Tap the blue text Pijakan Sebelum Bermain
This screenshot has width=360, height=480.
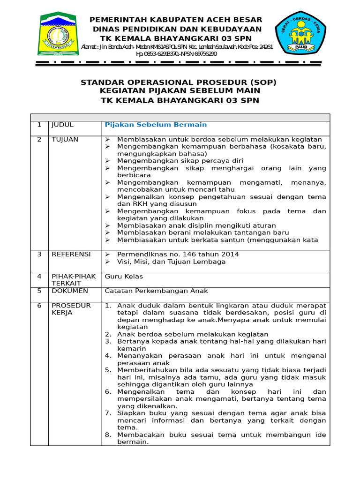point(156,125)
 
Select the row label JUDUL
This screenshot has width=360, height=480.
point(62,125)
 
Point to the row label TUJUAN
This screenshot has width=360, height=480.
point(65,140)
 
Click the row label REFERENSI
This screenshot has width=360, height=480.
point(71,254)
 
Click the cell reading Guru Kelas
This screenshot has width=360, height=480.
point(124,277)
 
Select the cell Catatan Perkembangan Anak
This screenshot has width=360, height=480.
point(156,291)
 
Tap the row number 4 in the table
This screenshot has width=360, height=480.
point(39,277)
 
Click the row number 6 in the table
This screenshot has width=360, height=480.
point(39,306)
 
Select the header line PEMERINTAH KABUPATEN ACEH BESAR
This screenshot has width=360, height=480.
point(176,20)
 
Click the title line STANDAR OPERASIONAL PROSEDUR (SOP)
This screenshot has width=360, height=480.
point(179,82)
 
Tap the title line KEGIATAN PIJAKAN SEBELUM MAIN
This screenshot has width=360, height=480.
point(179,91)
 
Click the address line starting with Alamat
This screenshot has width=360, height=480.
point(177,47)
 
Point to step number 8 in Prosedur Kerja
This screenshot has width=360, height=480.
point(108,435)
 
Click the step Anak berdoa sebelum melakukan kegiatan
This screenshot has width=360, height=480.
point(192,334)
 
